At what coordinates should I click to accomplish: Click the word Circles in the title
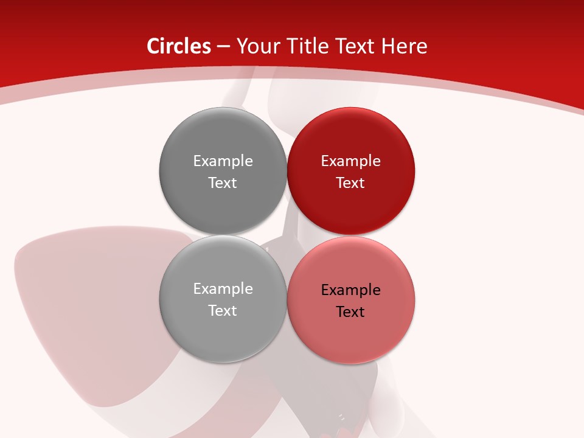[178, 46]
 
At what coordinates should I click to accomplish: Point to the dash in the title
[223, 47]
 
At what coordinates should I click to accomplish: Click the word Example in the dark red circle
[350, 161]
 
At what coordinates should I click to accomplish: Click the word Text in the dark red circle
[350, 183]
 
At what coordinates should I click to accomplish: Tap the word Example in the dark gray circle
[223, 161]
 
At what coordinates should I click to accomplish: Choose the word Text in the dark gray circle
[223, 183]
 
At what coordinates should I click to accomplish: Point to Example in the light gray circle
[223, 289]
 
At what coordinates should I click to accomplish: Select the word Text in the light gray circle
[223, 311]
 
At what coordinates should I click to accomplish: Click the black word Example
[350, 290]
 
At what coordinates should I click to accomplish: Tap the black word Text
[350, 312]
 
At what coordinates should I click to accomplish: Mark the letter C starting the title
[153, 46]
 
